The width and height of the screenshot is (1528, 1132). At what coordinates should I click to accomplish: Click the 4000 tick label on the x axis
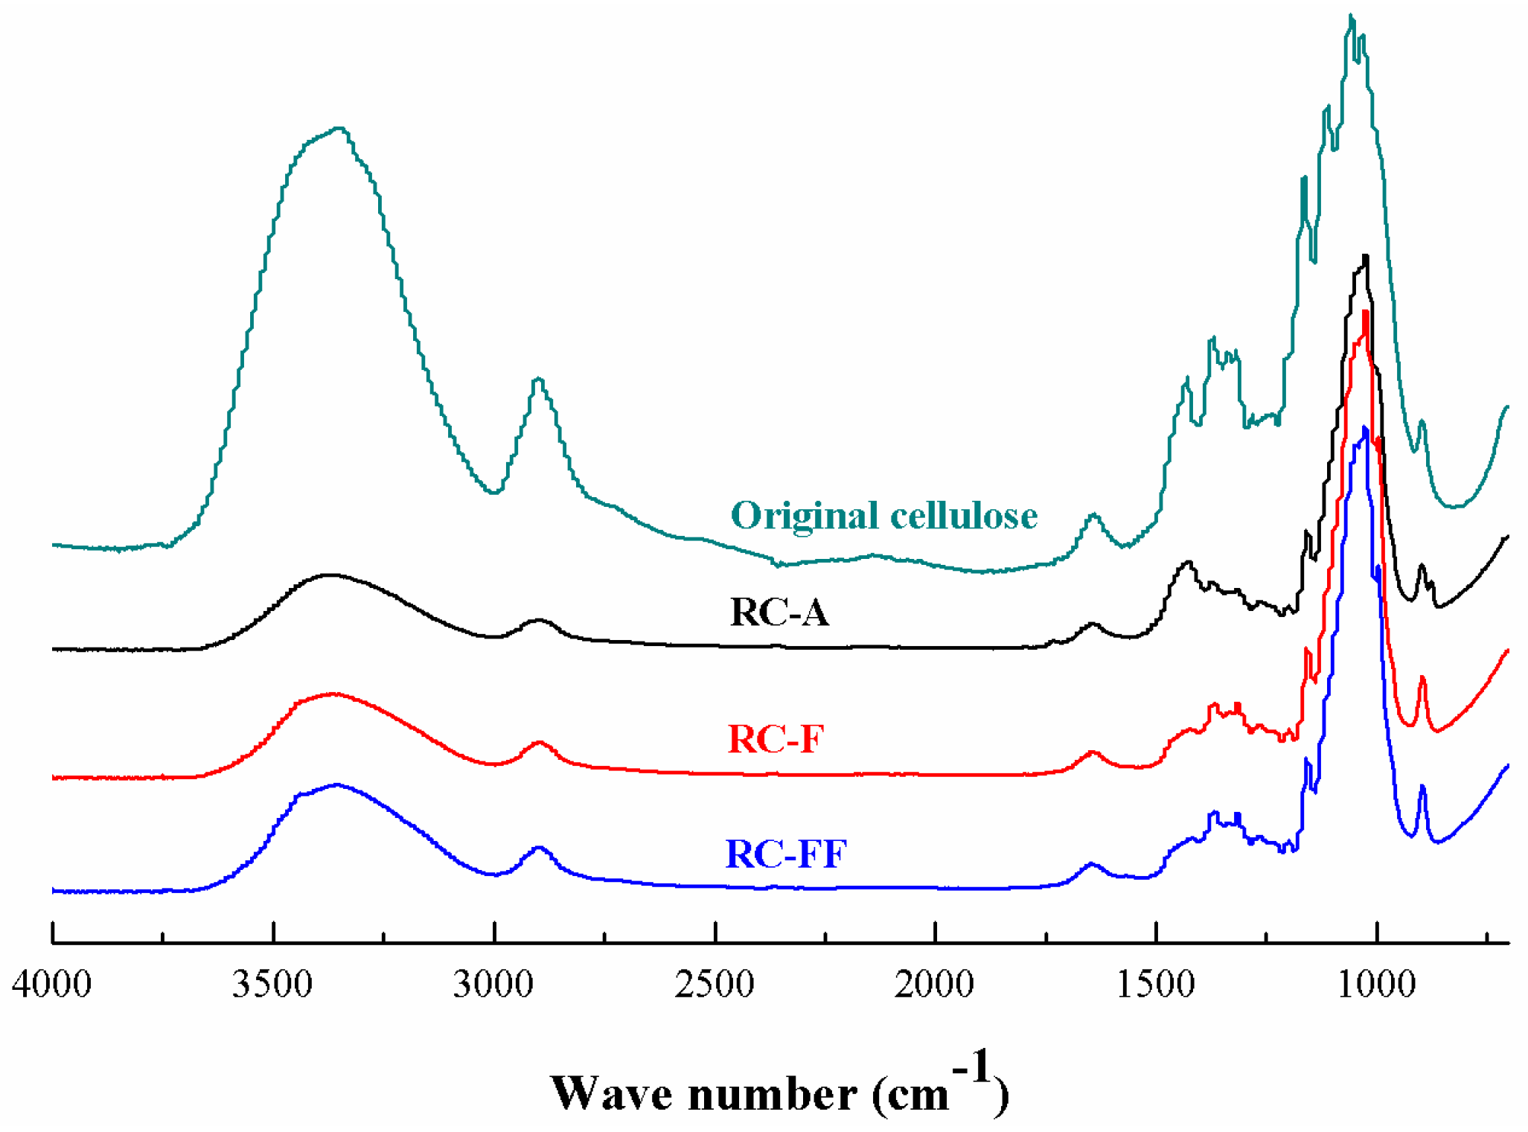point(51,985)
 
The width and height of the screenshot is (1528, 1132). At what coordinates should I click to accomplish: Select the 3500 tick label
point(272,985)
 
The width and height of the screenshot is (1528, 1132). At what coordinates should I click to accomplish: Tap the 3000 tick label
point(493,985)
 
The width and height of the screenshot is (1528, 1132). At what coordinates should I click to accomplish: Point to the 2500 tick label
point(715,985)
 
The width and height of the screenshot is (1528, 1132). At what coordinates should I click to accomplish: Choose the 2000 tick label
point(935,985)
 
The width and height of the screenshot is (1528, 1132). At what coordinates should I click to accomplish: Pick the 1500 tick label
point(1156,985)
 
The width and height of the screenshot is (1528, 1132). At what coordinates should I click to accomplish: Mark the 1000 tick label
point(1376,985)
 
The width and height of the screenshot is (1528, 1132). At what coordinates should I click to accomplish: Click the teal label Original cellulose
point(884,516)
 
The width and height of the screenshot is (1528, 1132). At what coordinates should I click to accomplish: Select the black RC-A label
point(779,613)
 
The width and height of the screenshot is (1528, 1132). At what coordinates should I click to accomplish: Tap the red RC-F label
point(776,740)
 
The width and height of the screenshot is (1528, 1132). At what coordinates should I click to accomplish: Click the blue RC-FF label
point(786,854)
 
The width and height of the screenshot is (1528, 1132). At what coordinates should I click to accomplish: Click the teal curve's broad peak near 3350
point(339,129)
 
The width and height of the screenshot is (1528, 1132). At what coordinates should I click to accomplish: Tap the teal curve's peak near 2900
point(539,380)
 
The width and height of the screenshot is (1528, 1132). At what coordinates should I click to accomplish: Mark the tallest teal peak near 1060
point(1351,16)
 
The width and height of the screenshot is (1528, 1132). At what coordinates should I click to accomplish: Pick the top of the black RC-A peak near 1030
point(1366,257)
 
